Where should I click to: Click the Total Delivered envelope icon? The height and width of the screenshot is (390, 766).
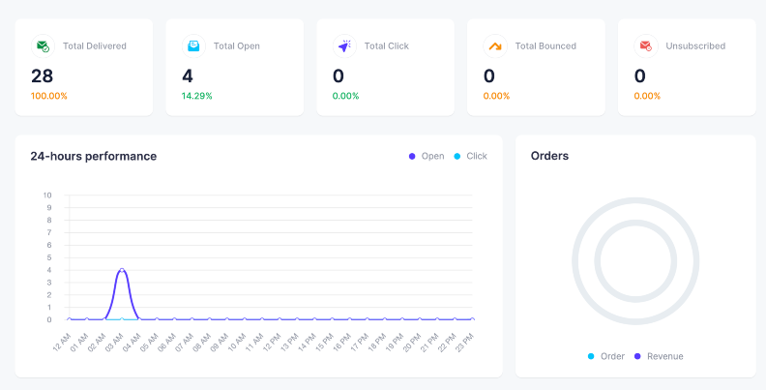tap(43, 45)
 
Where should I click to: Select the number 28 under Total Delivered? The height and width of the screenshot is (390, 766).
tap(42, 76)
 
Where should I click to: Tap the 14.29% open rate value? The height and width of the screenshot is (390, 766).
tap(197, 96)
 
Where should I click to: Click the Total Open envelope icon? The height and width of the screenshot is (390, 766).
tap(193, 45)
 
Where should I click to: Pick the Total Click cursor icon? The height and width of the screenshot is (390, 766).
tap(344, 45)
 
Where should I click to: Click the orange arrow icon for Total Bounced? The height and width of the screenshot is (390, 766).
tap(495, 45)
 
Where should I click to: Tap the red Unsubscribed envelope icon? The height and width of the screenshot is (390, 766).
tap(646, 45)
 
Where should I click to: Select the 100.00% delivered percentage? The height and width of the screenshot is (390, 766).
tap(49, 96)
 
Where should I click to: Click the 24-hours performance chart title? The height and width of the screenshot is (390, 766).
tap(93, 156)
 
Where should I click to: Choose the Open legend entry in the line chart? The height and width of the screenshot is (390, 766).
tap(427, 156)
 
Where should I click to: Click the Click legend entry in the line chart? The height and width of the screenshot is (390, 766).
tap(470, 156)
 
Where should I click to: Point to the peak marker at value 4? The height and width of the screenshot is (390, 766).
tap(122, 270)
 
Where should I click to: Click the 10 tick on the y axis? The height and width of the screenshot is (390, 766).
tap(46, 195)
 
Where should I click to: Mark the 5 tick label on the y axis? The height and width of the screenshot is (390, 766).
tap(49, 257)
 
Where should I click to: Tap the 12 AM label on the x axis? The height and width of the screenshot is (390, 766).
tap(62, 342)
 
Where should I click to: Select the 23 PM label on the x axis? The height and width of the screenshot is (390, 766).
tap(464, 342)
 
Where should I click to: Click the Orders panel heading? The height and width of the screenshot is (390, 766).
tap(549, 156)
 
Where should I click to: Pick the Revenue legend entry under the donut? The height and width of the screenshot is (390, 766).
tap(659, 356)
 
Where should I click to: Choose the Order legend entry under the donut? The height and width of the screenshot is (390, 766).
tap(606, 356)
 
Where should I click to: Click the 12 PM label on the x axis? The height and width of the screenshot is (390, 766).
tap(272, 342)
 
